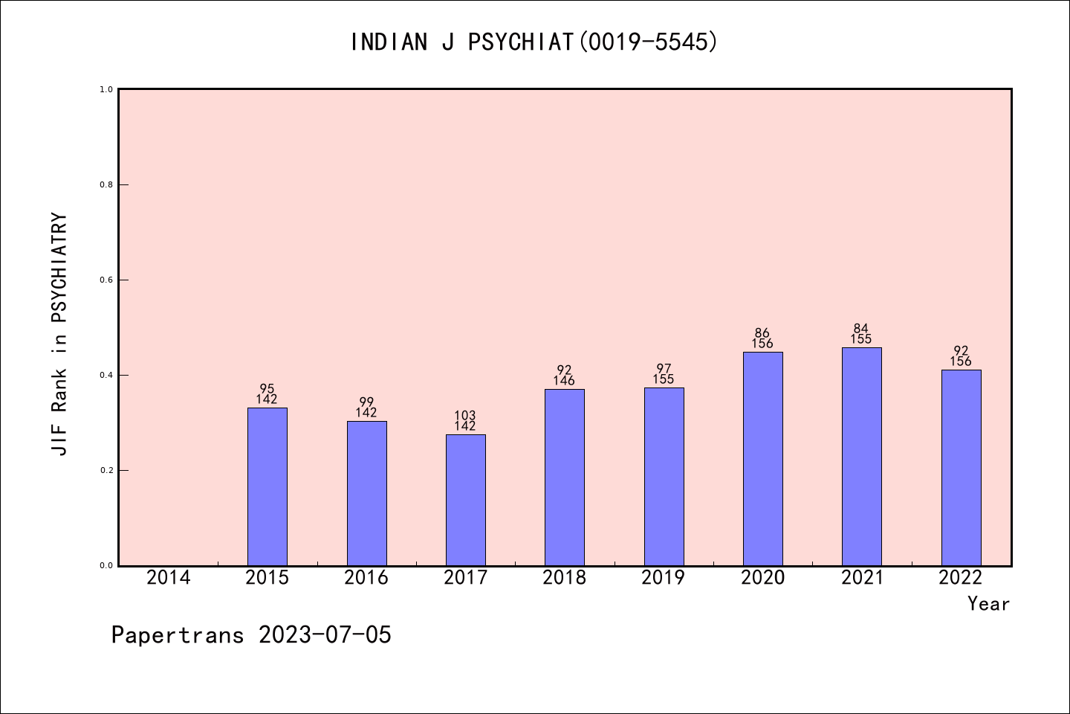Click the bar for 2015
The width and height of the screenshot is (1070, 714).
tap(267, 486)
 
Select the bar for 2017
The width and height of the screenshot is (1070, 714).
tap(465, 500)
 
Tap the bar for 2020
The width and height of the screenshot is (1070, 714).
tap(762, 458)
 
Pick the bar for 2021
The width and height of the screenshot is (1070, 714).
tap(861, 456)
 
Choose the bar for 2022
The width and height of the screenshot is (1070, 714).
tap(961, 467)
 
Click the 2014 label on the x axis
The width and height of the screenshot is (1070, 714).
tap(168, 578)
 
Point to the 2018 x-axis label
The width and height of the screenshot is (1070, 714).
tap(564, 578)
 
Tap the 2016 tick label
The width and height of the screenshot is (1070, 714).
tap(366, 578)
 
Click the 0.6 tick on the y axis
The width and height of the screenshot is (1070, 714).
tap(106, 280)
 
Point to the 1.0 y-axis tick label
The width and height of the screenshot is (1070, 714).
tap(106, 89)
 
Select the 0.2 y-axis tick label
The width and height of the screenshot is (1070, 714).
tap(106, 470)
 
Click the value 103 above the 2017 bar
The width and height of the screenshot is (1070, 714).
tap(465, 416)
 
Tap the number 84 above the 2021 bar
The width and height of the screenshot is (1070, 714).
tap(861, 329)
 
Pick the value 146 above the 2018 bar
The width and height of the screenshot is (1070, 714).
tap(564, 382)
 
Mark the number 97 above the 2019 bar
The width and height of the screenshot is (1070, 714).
tap(664, 369)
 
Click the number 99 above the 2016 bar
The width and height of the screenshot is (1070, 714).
tap(366, 402)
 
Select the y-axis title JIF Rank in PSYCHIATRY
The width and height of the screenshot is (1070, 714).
tap(59, 334)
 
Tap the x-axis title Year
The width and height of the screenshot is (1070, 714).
tap(988, 604)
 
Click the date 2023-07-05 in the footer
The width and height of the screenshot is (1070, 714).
tap(325, 635)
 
